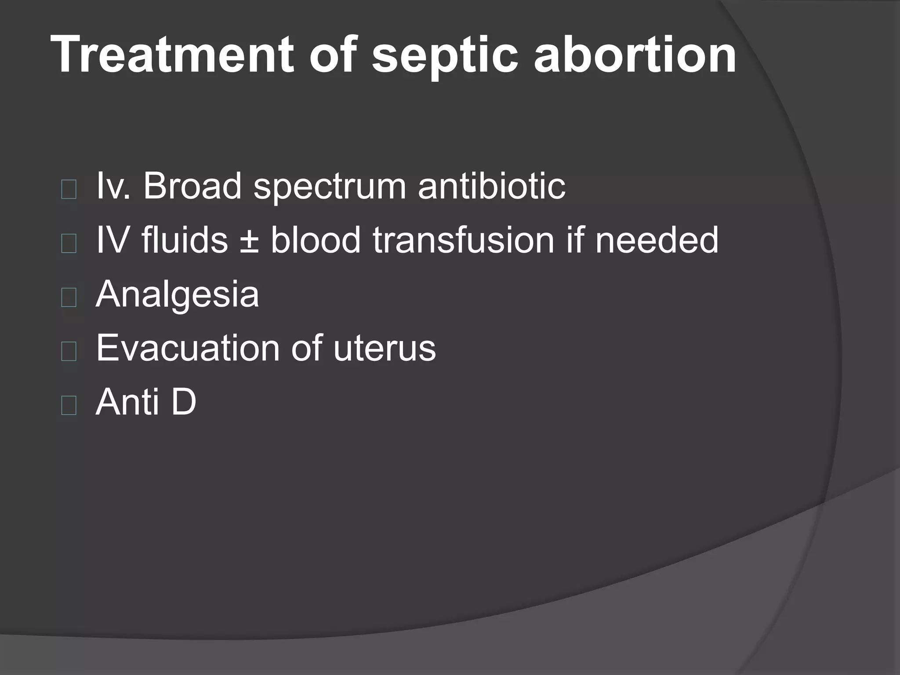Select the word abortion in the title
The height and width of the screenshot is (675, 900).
[635, 54]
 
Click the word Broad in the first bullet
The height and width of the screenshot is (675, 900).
[192, 186]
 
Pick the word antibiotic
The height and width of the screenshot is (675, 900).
[491, 186]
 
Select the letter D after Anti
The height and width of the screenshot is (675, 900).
[183, 402]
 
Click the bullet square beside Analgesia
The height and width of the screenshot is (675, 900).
[69, 298]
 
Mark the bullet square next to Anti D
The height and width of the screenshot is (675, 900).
[69, 406]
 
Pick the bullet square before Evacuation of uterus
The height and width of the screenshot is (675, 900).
[69, 352]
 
